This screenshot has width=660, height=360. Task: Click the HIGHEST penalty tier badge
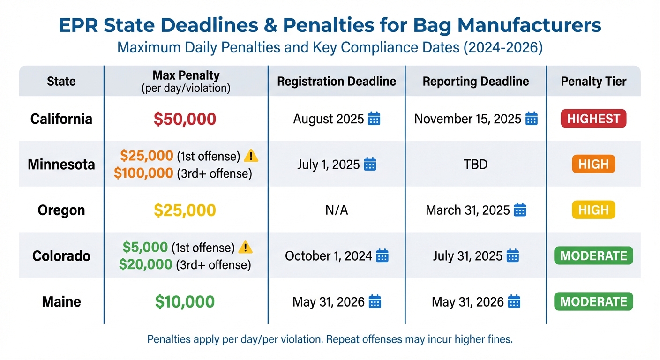pos(593,119)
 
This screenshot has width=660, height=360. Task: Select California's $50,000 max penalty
pos(185,119)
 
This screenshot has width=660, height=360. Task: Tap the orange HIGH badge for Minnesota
pos(593,165)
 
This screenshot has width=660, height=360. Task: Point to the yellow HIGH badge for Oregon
pos(593,210)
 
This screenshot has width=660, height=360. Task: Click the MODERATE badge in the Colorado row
pos(593,256)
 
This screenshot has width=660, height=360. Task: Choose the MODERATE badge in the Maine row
pos(593,301)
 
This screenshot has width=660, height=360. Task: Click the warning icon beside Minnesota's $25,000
pos(252,155)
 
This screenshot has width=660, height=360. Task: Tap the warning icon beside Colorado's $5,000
pos(246,247)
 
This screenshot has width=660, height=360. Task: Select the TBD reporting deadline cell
pos(476,165)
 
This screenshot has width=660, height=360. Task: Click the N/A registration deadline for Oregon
pos(337,210)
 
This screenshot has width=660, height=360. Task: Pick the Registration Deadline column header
pos(337,82)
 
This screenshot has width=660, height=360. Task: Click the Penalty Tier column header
pos(593,82)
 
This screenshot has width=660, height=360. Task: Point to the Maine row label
pos(61,301)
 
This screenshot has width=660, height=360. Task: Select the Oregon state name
pos(61,210)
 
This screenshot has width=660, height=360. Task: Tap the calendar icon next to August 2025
pos(374,119)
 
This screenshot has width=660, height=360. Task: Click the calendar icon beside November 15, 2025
pos(531,119)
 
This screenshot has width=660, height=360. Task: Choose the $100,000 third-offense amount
pos(144,173)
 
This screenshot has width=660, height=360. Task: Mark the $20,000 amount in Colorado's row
pos(145,265)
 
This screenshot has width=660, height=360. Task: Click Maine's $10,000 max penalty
pos(185,301)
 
